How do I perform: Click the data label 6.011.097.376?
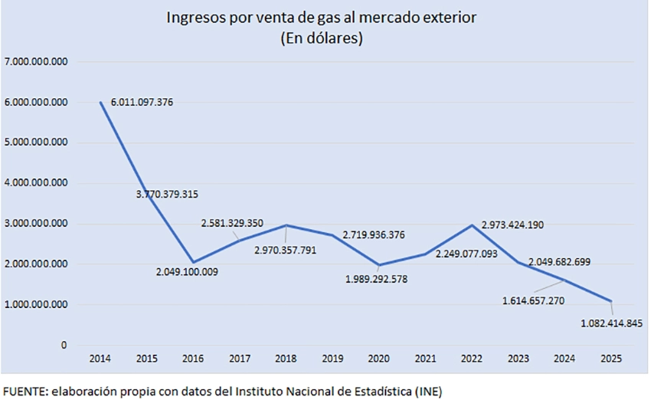(x=142, y=102)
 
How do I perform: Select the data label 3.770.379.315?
(x=167, y=195)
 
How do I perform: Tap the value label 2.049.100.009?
(x=187, y=271)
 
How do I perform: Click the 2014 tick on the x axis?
(x=100, y=359)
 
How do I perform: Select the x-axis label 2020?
(x=379, y=359)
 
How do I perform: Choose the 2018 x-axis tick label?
(x=286, y=359)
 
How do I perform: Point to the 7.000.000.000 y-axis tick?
(x=35, y=61)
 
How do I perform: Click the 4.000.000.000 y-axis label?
(x=35, y=183)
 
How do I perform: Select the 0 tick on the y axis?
(x=64, y=346)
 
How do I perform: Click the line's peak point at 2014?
(x=100, y=102)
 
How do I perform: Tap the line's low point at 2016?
(x=193, y=262)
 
